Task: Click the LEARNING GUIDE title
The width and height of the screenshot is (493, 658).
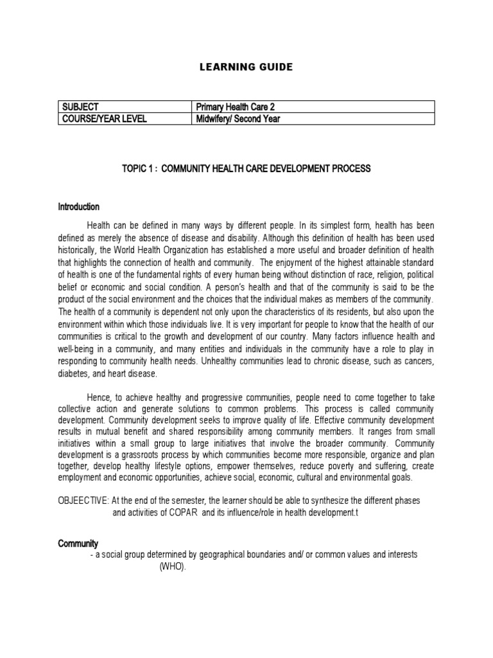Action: [x=246, y=67]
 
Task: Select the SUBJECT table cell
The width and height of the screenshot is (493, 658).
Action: [x=80, y=107]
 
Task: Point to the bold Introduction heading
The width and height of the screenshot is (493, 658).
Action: [x=79, y=207]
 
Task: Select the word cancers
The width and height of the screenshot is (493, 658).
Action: [x=417, y=362]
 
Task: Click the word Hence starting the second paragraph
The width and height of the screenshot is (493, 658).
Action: [x=98, y=398]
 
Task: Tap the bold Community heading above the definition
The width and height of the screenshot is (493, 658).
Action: [x=76, y=544]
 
